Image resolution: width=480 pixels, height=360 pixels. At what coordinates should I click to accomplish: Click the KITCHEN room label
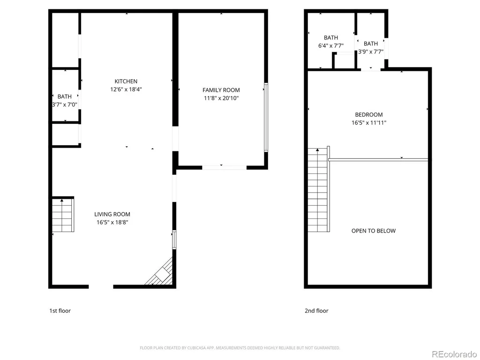(126, 81)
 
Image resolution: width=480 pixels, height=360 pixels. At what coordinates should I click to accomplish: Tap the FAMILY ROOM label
(221, 90)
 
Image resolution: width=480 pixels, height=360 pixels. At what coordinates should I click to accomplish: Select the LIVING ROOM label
(112, 214)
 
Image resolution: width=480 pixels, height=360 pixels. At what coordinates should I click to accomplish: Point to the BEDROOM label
(368, 114)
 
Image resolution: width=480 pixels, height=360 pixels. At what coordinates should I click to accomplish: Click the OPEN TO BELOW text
(374, 231)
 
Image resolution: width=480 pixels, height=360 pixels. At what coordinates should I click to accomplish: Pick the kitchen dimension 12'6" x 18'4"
(126, 90)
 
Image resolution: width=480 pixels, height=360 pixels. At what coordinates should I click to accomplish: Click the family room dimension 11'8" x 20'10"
(221, 98)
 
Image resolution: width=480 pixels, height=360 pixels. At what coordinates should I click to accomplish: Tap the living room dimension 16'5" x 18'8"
(112, 222)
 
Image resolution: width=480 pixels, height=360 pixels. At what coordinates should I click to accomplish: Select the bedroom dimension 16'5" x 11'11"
(368, 123)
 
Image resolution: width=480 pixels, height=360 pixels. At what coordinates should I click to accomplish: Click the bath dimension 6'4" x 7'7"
(331, 45)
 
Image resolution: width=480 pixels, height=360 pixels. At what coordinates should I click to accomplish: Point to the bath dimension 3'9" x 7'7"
(371, 52)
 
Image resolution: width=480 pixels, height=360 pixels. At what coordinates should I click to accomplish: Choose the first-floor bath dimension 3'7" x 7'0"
(65, 105)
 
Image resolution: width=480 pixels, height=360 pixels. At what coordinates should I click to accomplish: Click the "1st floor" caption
(60, 311)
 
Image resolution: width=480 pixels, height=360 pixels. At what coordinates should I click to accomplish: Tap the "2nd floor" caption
(316, 311)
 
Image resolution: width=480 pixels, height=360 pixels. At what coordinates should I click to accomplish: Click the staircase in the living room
(63, 215)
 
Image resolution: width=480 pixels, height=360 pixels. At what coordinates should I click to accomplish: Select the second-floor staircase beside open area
(318, 190)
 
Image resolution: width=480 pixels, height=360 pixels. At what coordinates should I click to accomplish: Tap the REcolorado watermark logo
(454, 354)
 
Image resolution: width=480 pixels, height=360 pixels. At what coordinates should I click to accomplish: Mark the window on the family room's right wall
(266, 117)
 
